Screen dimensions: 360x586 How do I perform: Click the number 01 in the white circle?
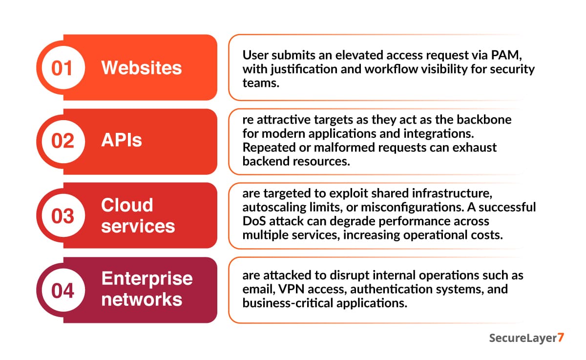(62, 68)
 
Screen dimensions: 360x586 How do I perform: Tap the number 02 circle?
(62, 141)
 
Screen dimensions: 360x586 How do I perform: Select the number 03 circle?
(62, 215)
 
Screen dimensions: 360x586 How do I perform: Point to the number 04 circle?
(62, 290)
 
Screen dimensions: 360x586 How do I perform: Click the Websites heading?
(141, 68)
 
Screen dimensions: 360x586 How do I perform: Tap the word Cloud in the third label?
(127, 205)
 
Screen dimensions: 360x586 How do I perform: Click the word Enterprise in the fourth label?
(146, 279)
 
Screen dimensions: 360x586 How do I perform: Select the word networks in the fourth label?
(142, 299)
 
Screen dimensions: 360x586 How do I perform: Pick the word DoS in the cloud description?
(253, 221)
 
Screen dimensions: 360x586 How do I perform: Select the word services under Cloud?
(138, 226)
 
